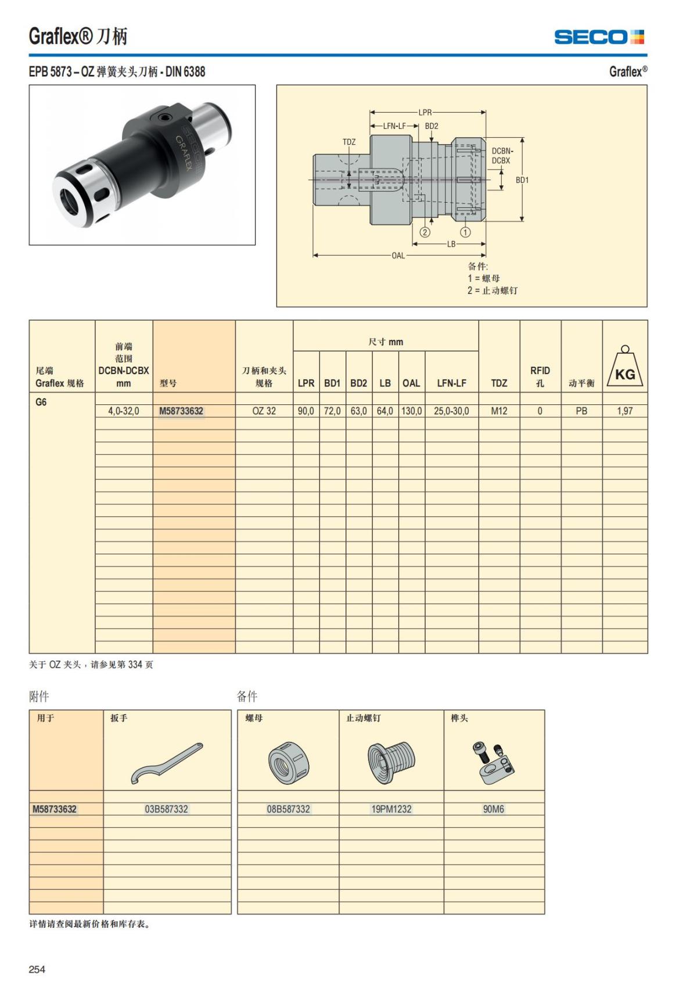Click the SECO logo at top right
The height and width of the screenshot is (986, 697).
coord(599,37)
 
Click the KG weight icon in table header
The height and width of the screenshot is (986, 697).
coord(625,367)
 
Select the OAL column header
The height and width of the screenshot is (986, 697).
coord(411,383)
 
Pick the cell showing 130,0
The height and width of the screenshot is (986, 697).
coord(411,411)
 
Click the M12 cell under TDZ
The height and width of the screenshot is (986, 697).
coord(499,411)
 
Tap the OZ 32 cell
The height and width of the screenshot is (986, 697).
coord(264,411)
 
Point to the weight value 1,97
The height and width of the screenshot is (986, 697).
coord(625,411)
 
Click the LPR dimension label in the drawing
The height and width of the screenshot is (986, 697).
coord(425,112)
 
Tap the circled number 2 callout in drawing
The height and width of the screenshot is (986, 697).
coord(425,232)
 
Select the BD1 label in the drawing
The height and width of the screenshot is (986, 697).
coord(522,180)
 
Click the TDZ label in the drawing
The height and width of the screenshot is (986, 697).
coord(349,142)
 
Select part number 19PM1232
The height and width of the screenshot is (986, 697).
coord(391,809)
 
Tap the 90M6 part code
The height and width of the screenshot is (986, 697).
coord(494,809)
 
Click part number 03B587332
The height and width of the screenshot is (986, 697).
coord(167,809)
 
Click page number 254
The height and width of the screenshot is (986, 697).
coord(37,969)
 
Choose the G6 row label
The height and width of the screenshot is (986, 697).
coord(41,402)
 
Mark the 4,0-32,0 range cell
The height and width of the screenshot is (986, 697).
coord(124,411)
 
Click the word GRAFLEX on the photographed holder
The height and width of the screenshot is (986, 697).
coord(184,152)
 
